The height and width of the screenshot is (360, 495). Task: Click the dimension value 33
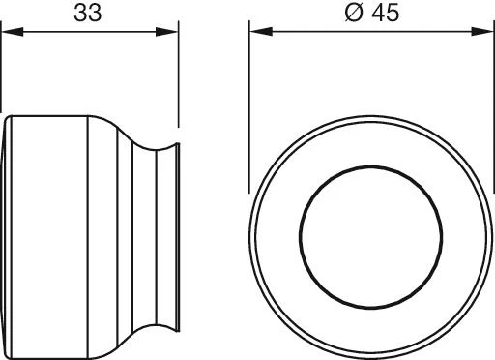point(87,13)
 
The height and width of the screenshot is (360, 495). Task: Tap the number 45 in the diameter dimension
point(385,13)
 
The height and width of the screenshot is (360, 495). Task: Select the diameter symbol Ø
point(354,13)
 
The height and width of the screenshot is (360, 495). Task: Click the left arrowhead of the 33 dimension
point(13,32)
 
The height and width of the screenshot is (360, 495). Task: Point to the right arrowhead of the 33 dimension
point(166,32)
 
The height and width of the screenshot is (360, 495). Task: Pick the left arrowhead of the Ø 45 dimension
point(261,31)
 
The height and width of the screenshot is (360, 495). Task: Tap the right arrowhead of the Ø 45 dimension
point(482,31)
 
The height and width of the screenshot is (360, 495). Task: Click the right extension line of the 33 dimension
point(178,75)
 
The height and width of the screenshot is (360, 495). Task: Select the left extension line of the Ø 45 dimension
point(249,106)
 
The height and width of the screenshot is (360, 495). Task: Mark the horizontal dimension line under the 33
point(90,32)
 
